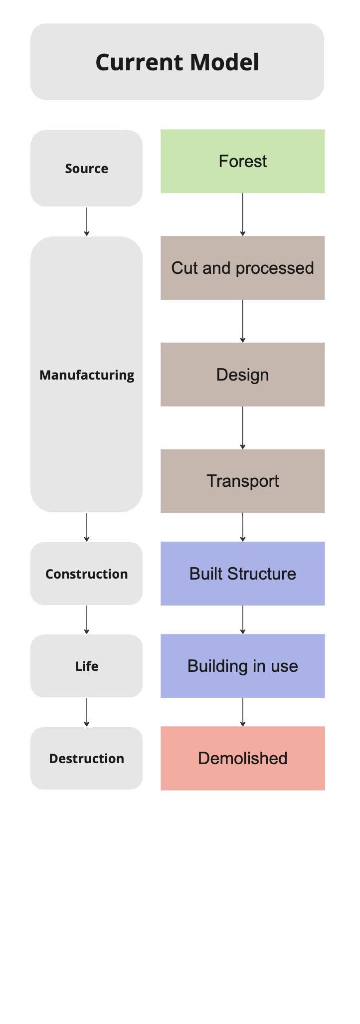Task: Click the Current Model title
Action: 177,62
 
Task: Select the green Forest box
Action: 242,161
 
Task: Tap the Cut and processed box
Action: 242,268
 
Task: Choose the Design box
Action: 242,375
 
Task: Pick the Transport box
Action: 242,481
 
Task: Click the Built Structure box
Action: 242,574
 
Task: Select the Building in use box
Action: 242,666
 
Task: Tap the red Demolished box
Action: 242,758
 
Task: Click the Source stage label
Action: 86,169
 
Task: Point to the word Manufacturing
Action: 87,375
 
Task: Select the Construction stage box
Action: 86,574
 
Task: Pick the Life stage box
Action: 86,666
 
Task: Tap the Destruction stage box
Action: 86,758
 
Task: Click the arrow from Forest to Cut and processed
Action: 243,214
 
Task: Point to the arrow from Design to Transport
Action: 243,427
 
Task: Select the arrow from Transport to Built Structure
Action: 243,527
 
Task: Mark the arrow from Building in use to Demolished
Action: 243,712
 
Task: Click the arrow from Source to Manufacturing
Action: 87,221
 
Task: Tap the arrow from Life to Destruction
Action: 87,712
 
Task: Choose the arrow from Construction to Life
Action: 87,619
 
